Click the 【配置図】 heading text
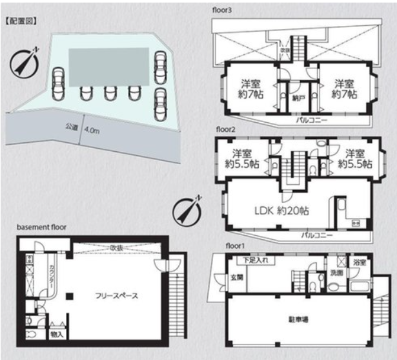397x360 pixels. coord(21,21)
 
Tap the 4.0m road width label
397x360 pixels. coord(92,130)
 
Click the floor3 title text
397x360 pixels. coord(221,10)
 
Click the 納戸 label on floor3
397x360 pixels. coord(298,99)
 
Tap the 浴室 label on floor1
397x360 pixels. coord(359,263)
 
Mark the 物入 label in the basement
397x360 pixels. coord(56,335)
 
